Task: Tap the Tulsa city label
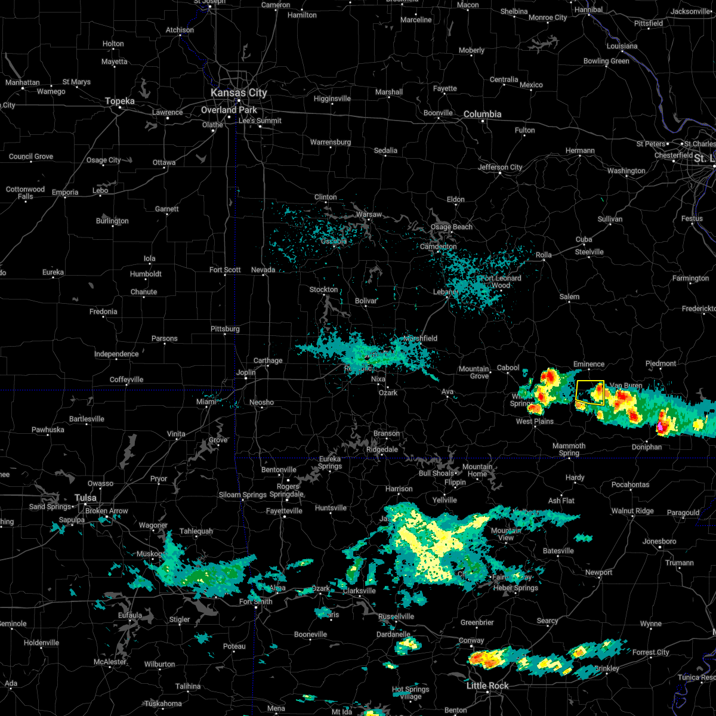click(85, 498)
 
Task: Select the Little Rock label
click(487, 686)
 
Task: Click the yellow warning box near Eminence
click(590, 393)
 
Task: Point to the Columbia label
click(482, 114)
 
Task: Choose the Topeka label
click(120, 101)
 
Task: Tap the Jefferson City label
click(500, 167)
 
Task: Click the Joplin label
click(246, 372)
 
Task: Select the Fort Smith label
click(256, 601)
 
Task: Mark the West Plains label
click(535, 421)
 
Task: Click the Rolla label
click(544, 255)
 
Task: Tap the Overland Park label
click(229, 110)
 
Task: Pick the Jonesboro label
click(659, 541)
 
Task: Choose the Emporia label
click(65, 192)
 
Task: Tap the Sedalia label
click(385, 150)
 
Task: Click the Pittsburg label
click(225, 329)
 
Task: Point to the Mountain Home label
click(477, 470)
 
